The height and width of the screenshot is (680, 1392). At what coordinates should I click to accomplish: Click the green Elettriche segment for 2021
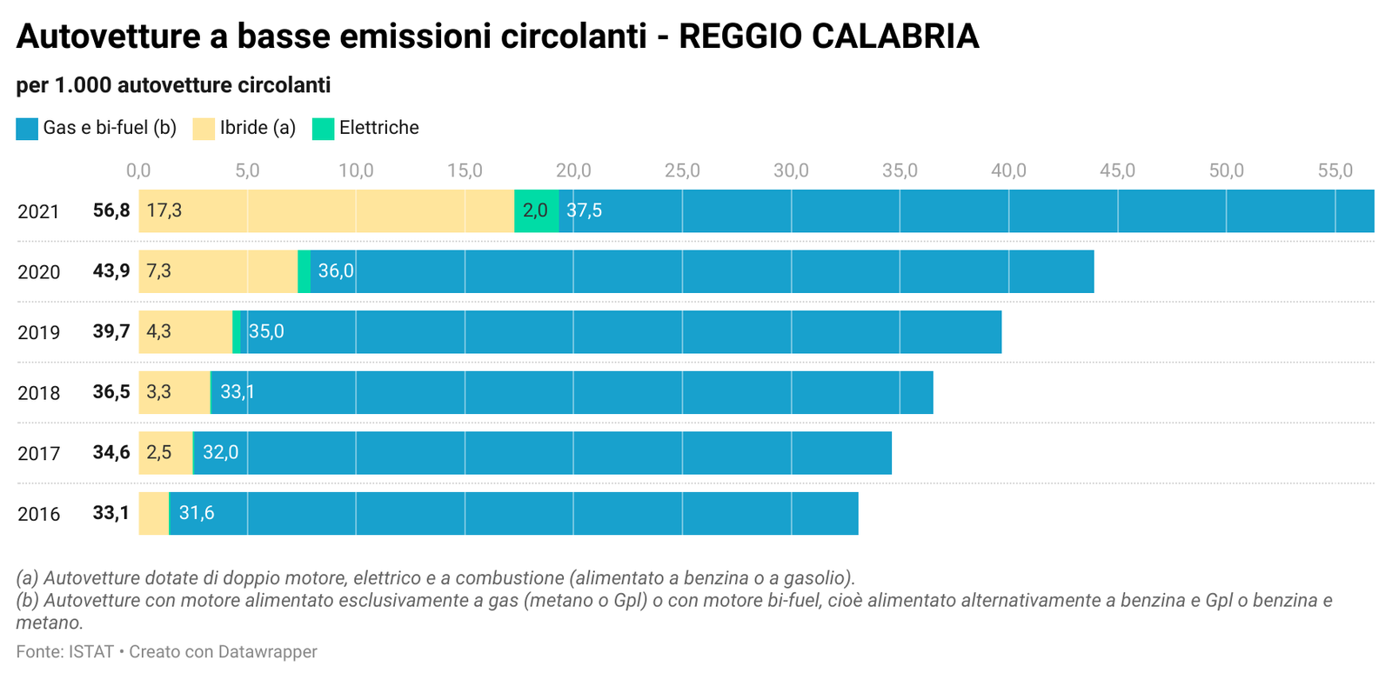(x=536, y=211)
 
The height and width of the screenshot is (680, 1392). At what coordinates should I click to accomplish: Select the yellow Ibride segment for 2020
(x=218, y=271)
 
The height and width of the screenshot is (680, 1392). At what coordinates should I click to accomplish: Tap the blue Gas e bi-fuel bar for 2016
(x=514, y=514)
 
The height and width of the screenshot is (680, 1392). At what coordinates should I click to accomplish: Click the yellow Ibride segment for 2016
(x=153, y=514)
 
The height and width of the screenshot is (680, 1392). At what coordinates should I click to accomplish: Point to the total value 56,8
(x=111, y=210)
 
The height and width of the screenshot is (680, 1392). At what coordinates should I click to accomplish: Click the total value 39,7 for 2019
(x=111, y=331)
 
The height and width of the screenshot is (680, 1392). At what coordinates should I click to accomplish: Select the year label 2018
(x=38, y=393)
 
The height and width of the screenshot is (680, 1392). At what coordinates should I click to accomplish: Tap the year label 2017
(x=38, y=453)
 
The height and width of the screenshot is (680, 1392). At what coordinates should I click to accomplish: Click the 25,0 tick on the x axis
(x=682, y=170)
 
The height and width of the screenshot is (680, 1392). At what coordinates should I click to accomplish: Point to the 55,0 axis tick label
(x=1335, y=170)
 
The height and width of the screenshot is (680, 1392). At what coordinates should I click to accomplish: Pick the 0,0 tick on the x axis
(x=138, y=170)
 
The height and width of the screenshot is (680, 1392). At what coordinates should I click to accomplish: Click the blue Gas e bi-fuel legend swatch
(x=27, y=129)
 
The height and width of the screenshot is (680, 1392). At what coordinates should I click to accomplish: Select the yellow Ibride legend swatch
(x=204, y=129)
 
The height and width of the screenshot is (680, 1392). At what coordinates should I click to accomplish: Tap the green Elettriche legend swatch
(x=323, y=129)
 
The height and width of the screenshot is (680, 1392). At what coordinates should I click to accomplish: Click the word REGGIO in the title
(x=740, y=36)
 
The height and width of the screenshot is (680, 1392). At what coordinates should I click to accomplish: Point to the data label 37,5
(x=584, y=210)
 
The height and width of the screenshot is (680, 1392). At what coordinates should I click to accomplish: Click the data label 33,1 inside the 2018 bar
(x=238, y=392)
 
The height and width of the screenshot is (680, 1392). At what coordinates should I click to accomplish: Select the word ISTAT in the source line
(x=91, y=651)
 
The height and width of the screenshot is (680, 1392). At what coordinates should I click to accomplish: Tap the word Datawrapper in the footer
(x=267, y=651)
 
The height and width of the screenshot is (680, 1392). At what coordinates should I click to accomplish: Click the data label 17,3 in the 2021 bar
(x=164, y=210)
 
